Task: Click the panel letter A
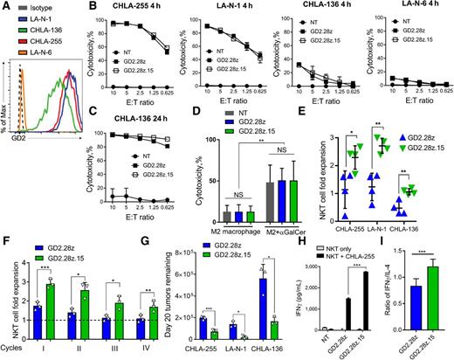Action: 6,8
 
